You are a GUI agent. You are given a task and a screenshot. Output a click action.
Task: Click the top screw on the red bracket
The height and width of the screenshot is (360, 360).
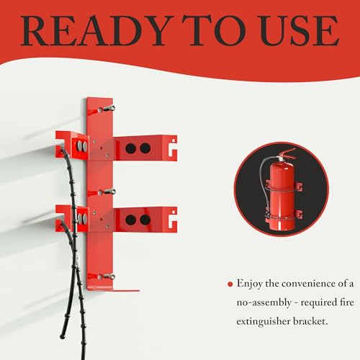(109, 108)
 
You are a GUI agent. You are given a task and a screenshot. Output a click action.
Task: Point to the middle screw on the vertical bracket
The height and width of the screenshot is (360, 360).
(109, 192)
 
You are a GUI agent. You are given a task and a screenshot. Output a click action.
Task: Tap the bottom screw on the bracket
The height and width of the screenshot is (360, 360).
(109, 276)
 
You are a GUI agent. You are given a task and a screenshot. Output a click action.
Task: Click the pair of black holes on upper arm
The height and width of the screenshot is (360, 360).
(136, 148)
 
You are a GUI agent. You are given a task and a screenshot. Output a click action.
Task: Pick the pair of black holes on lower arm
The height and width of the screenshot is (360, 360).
(136, 220)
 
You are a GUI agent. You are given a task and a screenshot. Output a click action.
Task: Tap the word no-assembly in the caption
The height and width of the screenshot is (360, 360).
(262, 303)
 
